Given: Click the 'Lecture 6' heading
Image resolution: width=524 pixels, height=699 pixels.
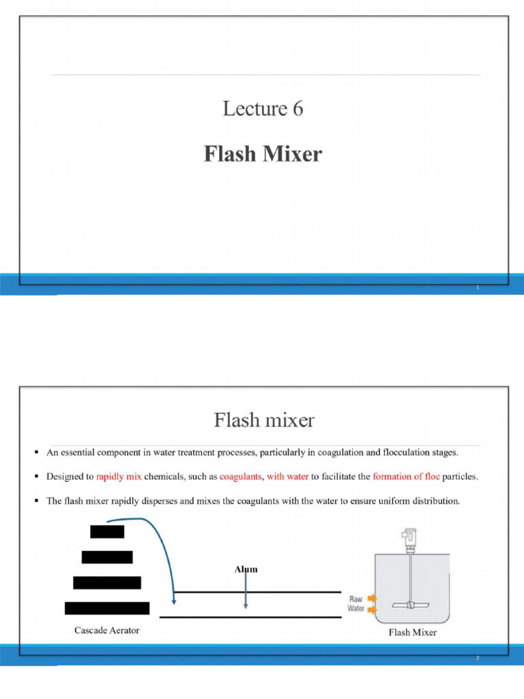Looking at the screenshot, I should click(263, 109).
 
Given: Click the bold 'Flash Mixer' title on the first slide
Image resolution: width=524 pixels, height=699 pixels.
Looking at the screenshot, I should click(263, 154).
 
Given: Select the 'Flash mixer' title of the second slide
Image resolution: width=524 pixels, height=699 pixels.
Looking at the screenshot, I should click(264, 419).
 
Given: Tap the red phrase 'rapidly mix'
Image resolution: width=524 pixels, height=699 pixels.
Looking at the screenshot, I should click(119, 477).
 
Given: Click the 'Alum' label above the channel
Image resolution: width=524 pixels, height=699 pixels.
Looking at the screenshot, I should click(246, 569).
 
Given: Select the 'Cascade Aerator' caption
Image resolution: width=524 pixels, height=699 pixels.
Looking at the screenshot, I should click(106, 630).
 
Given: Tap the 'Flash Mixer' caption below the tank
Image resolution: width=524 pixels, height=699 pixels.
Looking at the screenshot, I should click(412, 632).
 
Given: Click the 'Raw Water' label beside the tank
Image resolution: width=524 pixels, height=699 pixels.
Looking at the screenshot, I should click(356, 603).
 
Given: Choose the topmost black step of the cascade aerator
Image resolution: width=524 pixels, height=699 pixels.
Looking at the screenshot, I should click(107, 531).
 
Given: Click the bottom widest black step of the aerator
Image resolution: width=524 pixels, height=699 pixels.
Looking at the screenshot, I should click(107, 608).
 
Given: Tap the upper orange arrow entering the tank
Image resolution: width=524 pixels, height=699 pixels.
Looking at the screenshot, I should click(372, 599).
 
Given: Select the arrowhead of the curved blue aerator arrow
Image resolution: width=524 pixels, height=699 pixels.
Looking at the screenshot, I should click(175, 601).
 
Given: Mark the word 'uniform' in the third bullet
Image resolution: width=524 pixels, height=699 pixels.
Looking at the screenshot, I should click(387, 501).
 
